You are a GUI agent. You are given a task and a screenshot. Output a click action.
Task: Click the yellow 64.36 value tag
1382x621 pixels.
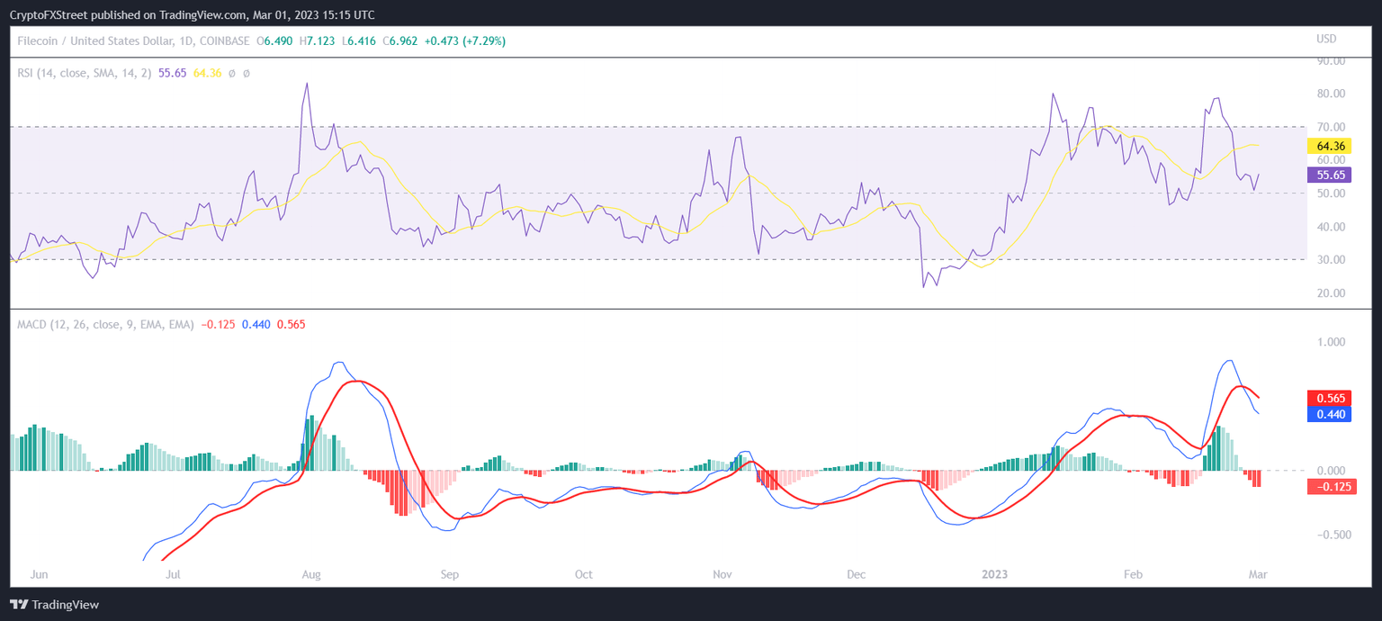click(1330, 146)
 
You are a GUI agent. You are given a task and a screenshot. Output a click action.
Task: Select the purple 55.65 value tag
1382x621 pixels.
click(1330, 175)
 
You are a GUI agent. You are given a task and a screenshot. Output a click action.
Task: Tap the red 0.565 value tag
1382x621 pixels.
click(1330, 399)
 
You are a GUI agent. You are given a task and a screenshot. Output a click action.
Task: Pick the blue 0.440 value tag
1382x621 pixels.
click(1330, 414)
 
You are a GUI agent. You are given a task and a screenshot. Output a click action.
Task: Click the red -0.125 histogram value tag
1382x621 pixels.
click(1331, 487)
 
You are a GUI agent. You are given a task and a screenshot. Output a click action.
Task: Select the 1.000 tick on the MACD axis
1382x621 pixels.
click(1331, 342)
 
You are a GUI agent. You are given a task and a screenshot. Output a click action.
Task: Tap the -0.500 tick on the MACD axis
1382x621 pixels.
click(1328, 535)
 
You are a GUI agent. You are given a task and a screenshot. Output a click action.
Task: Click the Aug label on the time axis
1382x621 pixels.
click(311, 574)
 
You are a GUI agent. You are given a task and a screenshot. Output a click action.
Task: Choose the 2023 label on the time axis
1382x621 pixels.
click(994, 574)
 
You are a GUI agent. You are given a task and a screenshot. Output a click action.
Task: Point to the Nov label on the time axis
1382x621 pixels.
click(722, 574)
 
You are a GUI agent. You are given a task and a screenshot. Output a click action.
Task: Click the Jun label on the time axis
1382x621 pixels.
click(39, 574)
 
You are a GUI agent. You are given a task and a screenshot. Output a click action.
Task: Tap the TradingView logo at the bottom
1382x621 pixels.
click(55, 605)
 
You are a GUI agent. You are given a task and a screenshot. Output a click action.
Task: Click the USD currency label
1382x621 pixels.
click(1326, 40)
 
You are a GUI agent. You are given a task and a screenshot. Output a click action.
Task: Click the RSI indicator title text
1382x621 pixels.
click(85, 73)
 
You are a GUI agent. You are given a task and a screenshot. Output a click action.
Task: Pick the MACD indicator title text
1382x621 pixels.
click(105, 324)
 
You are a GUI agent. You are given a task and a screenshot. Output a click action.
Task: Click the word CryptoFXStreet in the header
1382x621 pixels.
click(52, 15)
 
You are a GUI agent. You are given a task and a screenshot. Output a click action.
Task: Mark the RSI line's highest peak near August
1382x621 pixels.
click(307, 84)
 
